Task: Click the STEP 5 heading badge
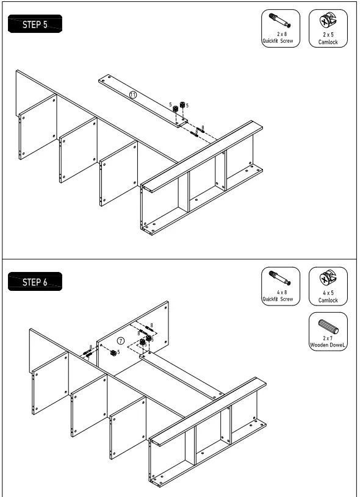click(x=35, y=25)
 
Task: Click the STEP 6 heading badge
click(x=35, y=282)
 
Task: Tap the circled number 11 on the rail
click(x=132, y=95)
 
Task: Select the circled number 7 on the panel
click(x=121, y=340)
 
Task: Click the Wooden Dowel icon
click(x=328, y=324)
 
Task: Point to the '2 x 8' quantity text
click(x=281, y=35)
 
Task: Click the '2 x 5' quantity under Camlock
click(x=328, y=35)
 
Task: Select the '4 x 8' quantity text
click(x=281, y=293)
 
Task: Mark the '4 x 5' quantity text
click(x=328, y=293)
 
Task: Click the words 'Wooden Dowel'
click(x=328, y=346)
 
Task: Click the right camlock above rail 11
click(x=182, y=104)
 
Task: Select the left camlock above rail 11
click(x=175, y=108)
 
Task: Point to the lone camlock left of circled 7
click(x=113, y=353)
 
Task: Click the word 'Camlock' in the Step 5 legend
click(x=328, y=42)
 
